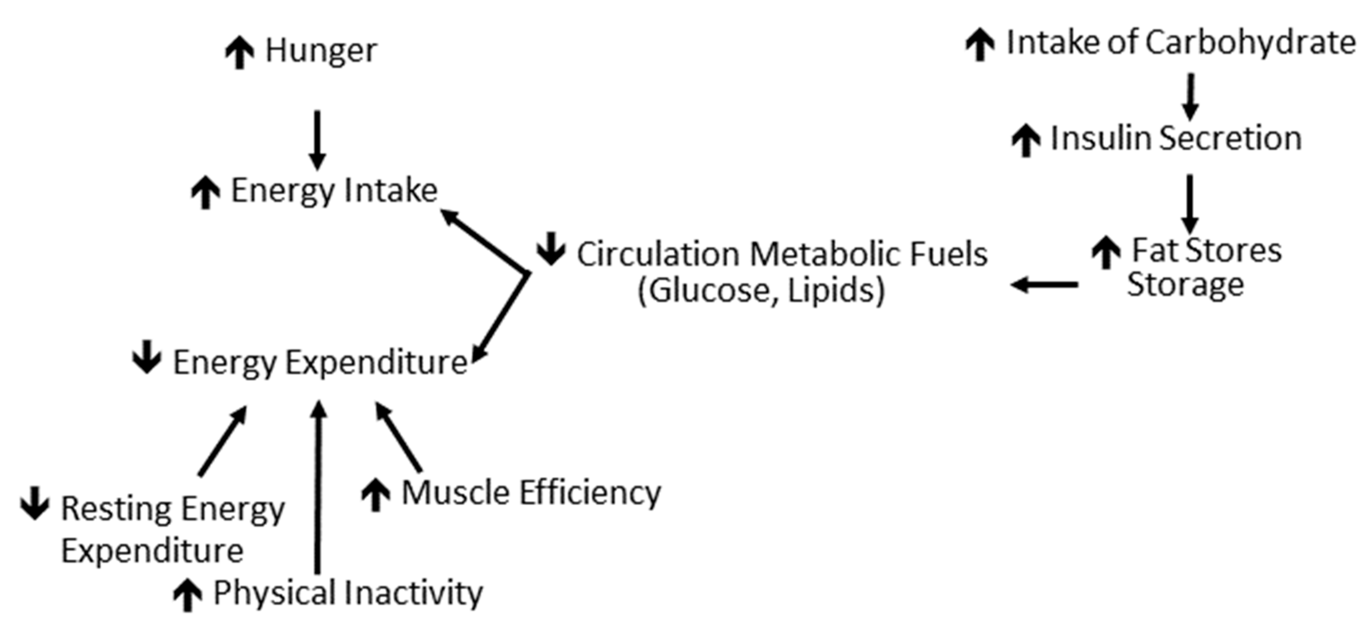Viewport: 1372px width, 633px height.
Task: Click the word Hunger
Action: (321, 50)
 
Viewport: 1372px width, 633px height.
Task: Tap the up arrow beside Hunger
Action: (239, 52)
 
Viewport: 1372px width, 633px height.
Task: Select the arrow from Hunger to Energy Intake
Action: (318, 139)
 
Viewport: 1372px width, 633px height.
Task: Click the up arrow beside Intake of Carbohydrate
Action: (980, 44)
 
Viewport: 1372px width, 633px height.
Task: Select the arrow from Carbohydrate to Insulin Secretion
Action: (1190, 96)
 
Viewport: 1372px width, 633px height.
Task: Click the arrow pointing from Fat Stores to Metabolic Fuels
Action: (1044, 285)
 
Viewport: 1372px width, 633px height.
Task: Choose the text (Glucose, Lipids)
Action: (761, 290)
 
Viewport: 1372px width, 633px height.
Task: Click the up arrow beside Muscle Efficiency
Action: (376, 494)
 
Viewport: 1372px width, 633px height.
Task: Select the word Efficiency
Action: (590, 492)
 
